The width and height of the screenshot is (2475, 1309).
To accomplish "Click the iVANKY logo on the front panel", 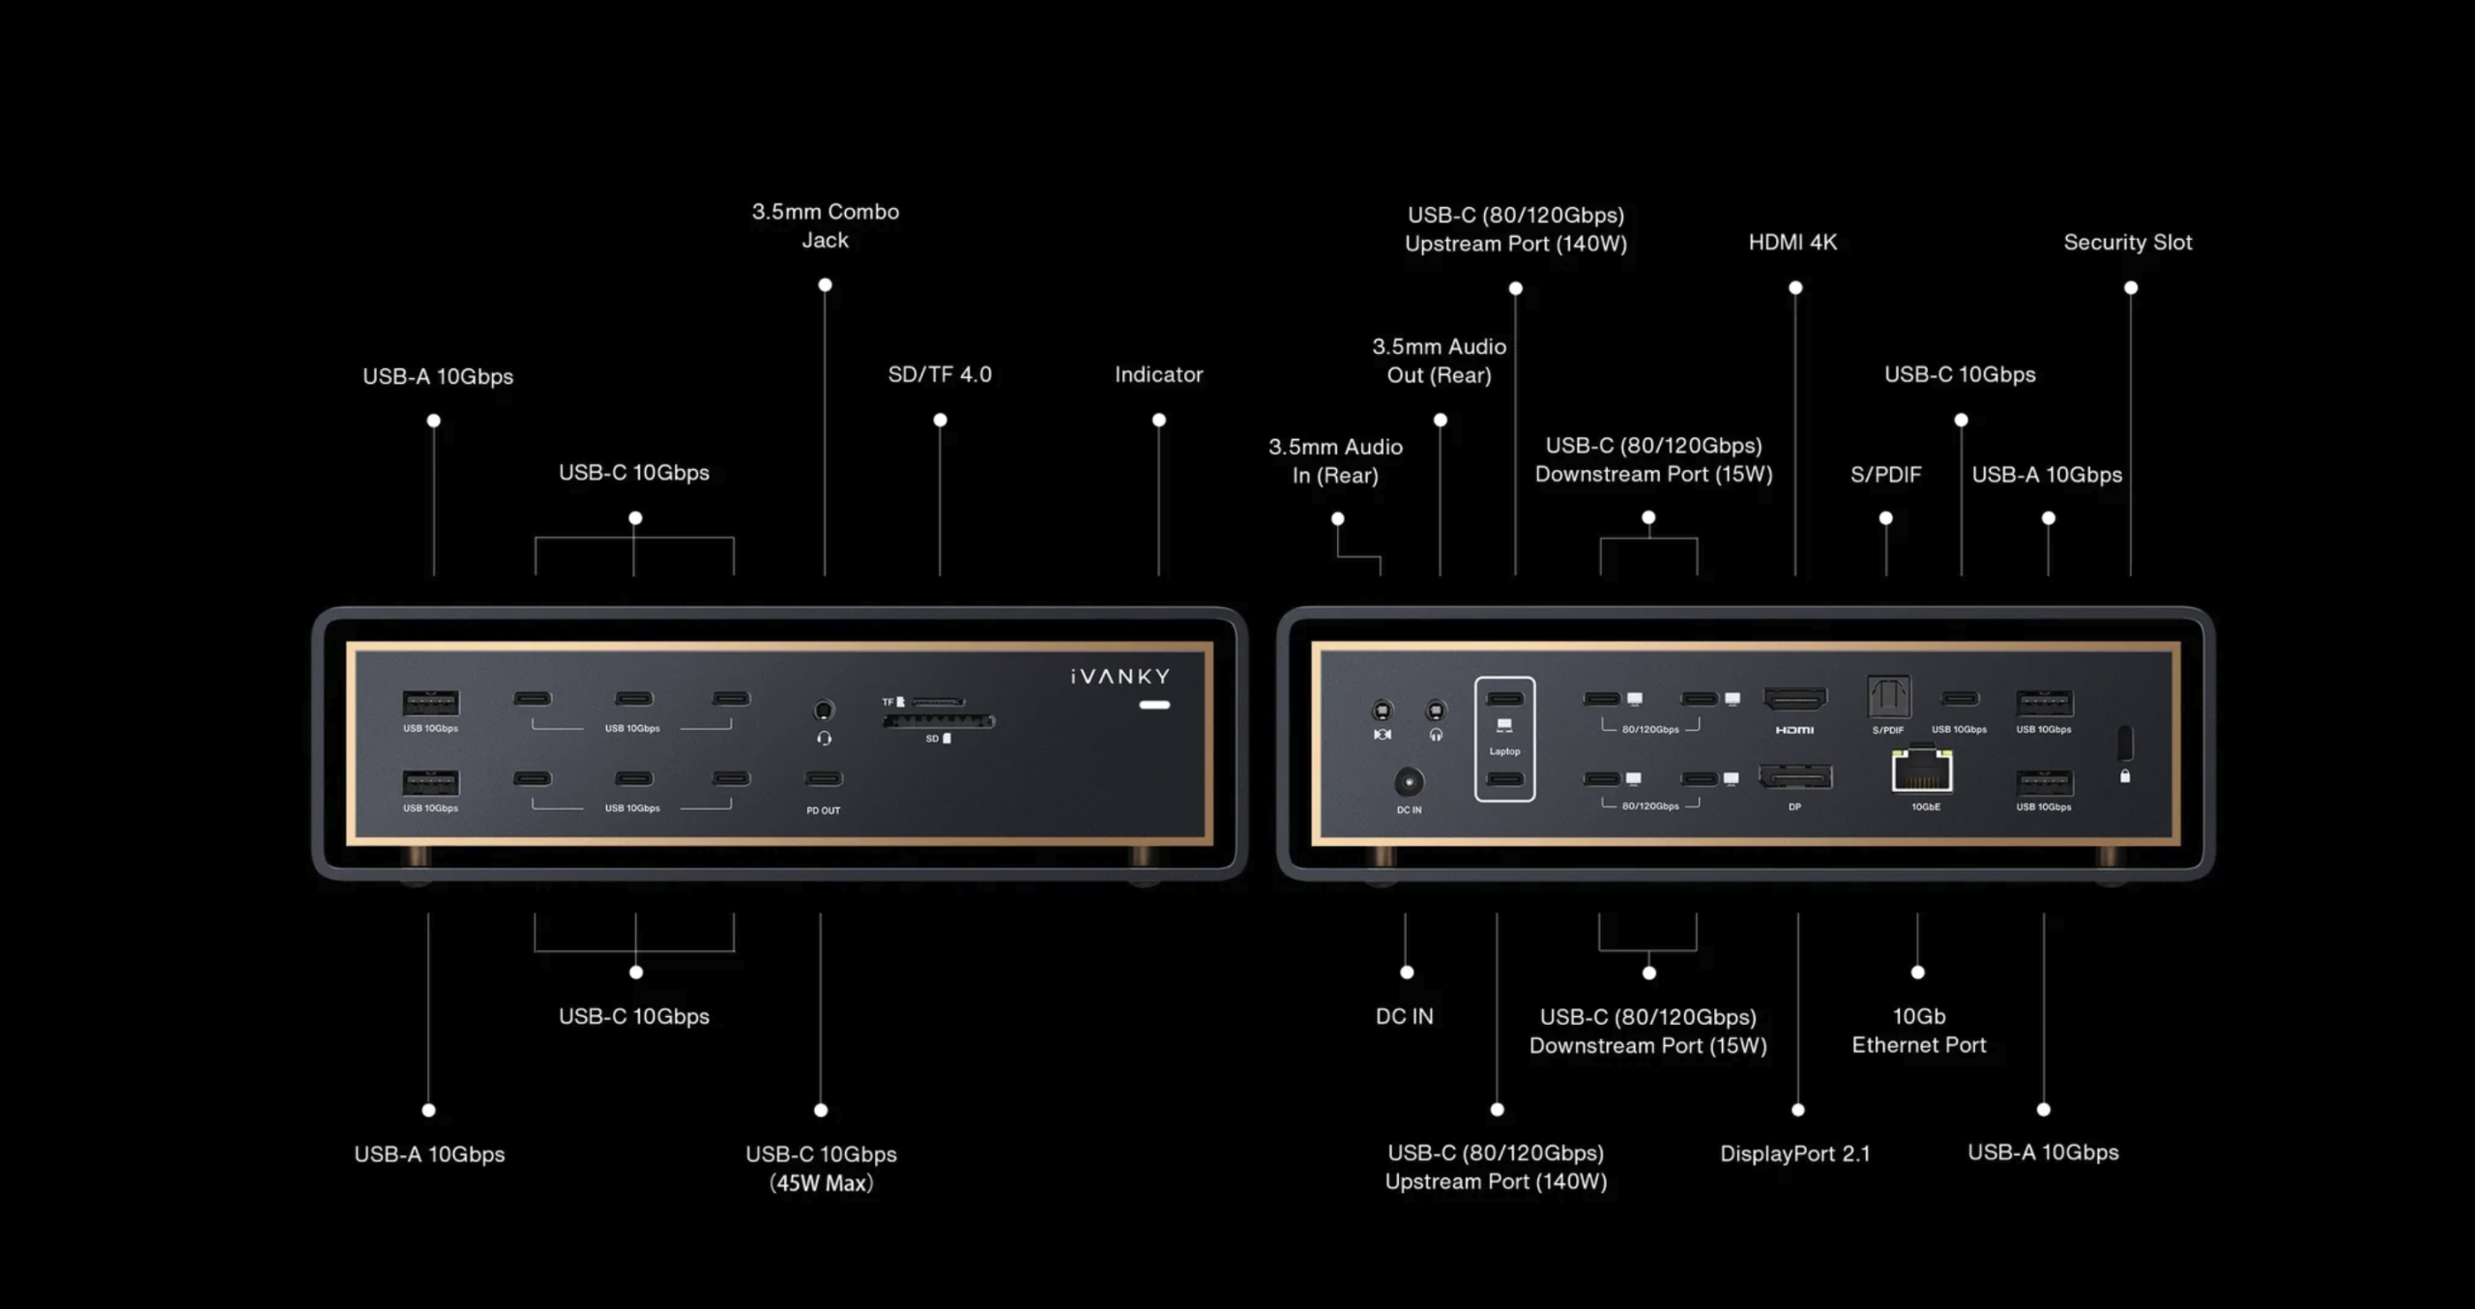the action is (x=1121, y=676).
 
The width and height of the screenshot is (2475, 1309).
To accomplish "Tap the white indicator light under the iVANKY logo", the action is (x=1154, y=705).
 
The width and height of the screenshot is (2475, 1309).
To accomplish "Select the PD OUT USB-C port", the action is (x=824, y=778).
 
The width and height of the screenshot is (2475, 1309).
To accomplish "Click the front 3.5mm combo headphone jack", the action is (x=824, y=711).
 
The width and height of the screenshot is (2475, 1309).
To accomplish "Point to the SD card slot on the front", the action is (x=939, y=721).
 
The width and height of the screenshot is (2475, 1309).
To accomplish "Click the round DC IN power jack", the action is (x=1409, y=781).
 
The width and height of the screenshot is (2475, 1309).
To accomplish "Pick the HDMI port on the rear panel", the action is (x=1795, y=699).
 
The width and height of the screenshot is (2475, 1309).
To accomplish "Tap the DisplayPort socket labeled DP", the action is (x=1795, y=777).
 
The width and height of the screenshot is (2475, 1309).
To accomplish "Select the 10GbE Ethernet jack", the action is (x=1922, y=771).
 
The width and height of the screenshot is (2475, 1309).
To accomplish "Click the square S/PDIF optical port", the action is (x=1888, y=697).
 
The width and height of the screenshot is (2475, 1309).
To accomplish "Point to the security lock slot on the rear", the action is (x=2124, y=742).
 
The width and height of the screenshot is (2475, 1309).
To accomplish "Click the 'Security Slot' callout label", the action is (x=2128, y=243).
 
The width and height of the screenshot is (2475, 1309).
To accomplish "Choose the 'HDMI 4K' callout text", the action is (x=1792, y=243).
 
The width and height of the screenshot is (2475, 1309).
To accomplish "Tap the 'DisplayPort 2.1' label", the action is (x=1795, y=1153).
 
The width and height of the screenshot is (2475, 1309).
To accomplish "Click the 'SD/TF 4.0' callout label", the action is (x=940, y=375).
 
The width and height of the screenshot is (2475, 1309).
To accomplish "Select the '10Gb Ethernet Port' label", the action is (x=1919, y=1031).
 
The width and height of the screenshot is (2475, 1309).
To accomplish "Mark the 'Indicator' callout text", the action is (x=1158, y=375).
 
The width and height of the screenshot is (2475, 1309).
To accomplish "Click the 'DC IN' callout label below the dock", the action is (x=1405, y=1016).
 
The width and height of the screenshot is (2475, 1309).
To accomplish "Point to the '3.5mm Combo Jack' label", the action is (x=826, y=226).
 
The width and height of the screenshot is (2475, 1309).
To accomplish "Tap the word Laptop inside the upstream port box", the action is (x=1504, y=751).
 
